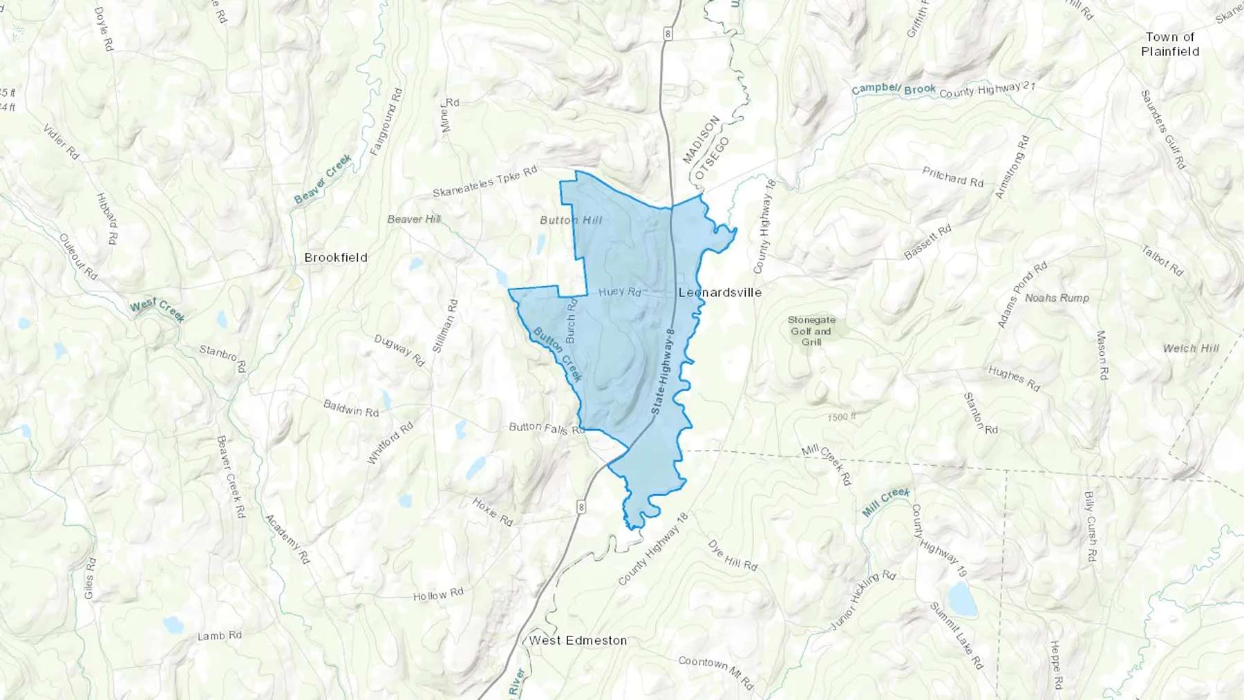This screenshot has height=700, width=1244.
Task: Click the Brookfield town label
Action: (x=336, y=258)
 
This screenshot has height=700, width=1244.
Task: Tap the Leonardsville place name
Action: (x=720, y=293)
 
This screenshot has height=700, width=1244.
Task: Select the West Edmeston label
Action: (x=578, y=641)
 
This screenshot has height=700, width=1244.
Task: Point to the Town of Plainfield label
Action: (x=1170, y=44)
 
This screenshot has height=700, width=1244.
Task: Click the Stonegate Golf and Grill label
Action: (x=811, y=331)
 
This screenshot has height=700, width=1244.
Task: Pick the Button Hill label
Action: (x=571, y=220)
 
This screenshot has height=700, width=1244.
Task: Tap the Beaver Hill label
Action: (x=414, y=220)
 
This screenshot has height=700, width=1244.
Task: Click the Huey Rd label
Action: (x=620, y=292)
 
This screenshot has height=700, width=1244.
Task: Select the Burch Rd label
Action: (x=571, y=321)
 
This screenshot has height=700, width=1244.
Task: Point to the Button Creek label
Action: (x=558, y=354)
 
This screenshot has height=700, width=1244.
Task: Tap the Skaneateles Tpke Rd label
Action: (x=484, y=182)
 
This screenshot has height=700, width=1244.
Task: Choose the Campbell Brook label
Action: (x=894, y=90)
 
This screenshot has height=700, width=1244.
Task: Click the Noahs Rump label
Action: (x=1057, y=298)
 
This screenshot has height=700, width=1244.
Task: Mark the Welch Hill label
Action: (x=1191, y=348)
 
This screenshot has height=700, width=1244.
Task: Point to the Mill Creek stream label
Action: (x=886, y=502)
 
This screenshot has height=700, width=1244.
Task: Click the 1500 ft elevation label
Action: (x=841, y=417)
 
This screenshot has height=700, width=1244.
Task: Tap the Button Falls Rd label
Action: (x=547, y=428)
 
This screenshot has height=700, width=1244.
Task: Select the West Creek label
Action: (x=158, y=310)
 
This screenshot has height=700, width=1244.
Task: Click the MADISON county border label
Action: (x=701, y=140)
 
